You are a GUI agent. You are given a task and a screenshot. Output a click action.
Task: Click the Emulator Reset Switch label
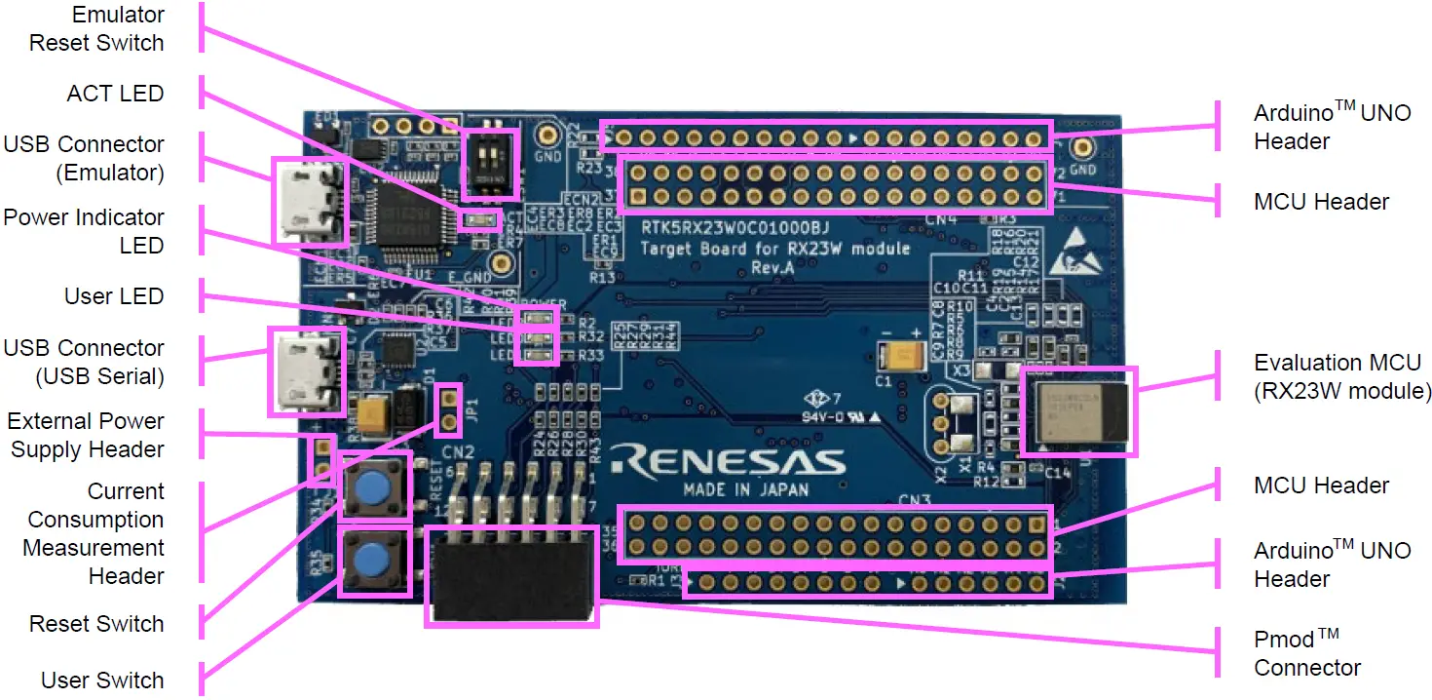click(96, 29)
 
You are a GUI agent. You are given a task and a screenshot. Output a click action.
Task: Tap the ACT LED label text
click(115, 94)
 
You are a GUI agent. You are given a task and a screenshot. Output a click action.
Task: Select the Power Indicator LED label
click(84, 231)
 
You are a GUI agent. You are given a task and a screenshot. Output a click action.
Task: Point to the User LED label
click(114, 296)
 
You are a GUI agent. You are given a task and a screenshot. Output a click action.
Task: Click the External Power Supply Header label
click(86, 435)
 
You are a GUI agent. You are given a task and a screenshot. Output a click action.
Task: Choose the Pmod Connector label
click(1306, 653)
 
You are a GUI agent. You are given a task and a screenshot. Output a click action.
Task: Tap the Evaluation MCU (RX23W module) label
click(1342, 377)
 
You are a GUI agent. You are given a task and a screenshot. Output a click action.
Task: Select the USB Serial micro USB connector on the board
click(305, 370)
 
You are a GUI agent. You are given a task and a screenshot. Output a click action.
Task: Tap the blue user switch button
click(372, 562)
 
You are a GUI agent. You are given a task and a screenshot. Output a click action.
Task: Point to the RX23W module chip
click(1078, 410)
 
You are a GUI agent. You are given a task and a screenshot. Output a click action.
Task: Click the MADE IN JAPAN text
click(745, 489)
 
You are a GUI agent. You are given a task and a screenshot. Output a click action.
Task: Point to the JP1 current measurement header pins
click(448, 409)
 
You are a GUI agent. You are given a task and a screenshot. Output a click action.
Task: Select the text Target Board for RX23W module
click(774, 249)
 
